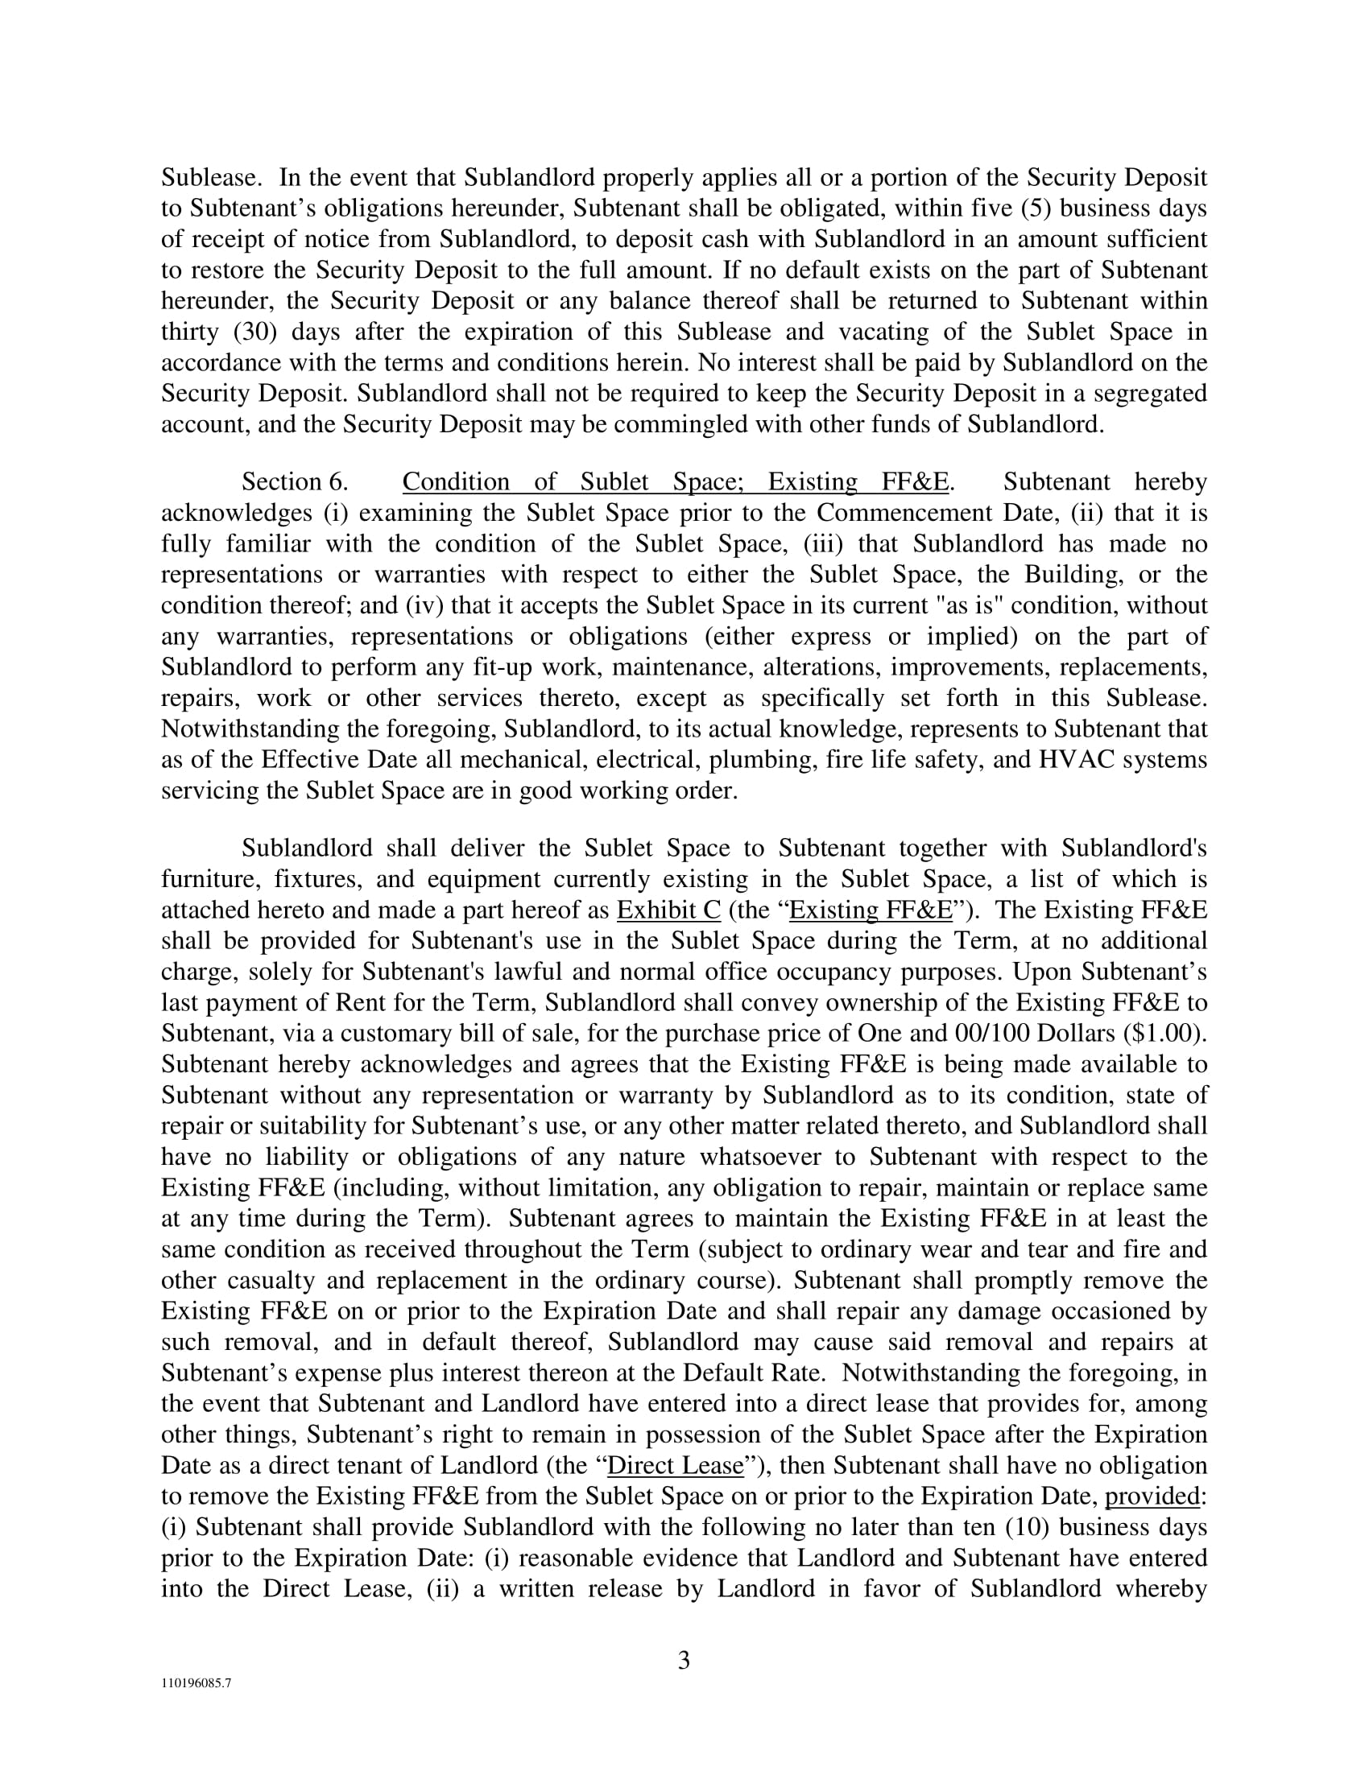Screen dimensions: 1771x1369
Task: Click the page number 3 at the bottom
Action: click(684, 1661)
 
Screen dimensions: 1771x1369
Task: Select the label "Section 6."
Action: click(295, 481)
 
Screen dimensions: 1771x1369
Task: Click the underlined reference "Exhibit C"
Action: click(668, 910)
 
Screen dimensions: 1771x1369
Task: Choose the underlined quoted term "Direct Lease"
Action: click(676, 1465)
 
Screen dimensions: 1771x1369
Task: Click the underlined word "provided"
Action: click(1152, 1496)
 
